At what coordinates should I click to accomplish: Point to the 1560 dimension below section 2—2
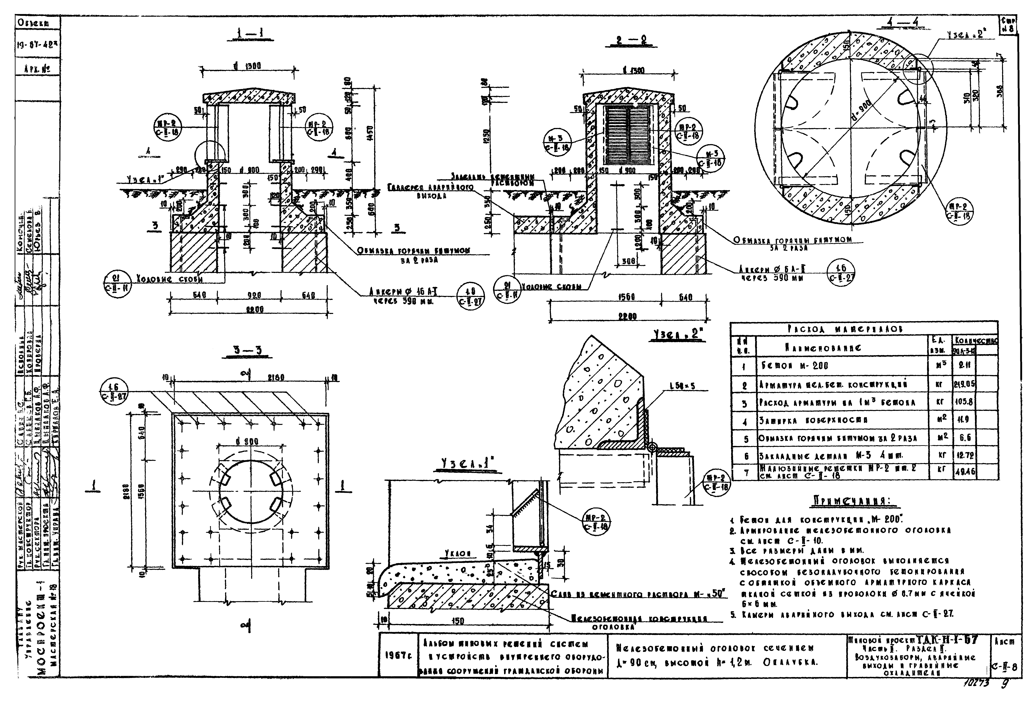[627, 297]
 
